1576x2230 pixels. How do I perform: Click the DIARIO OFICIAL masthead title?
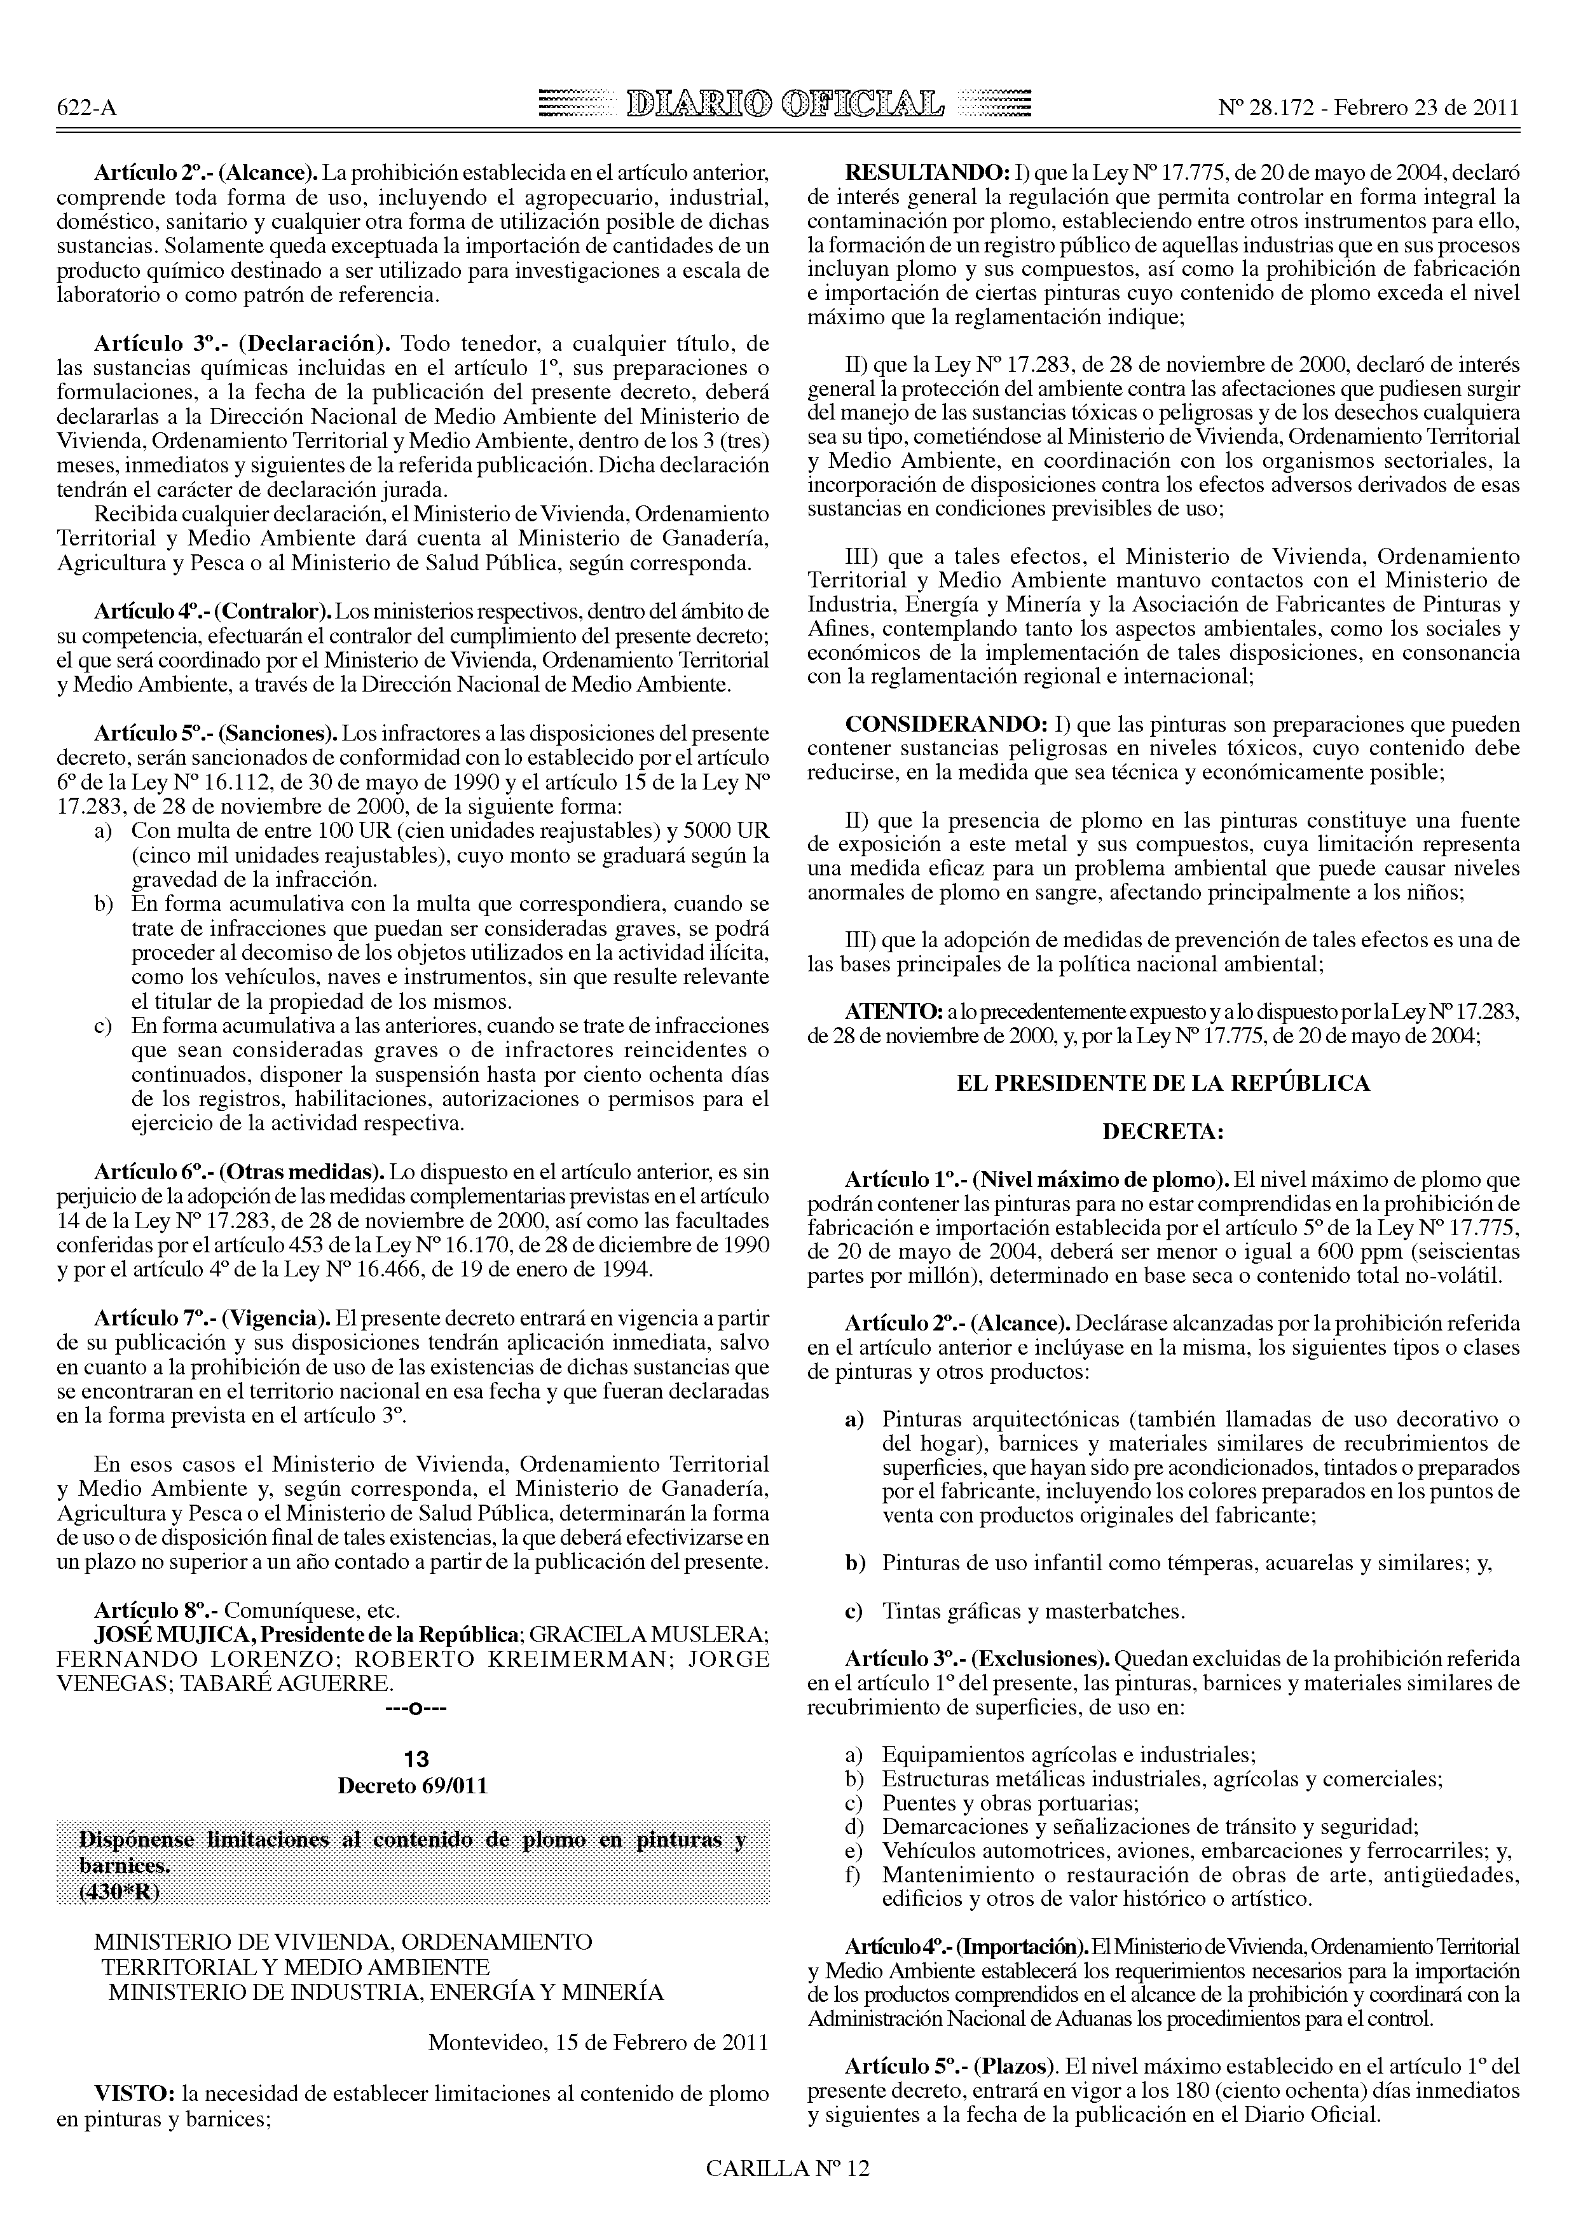(786, 103)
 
